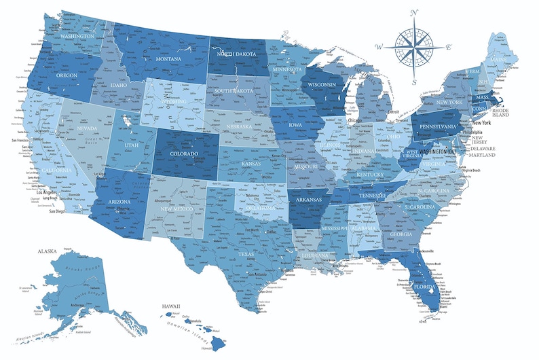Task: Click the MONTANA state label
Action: pyautogui.click(x=170, y=60)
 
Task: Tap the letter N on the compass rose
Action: pyautogui.click(x=415, y=12)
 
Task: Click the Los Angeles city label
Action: pyautogui.click(x=50, y=192)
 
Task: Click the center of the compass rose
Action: pyautogui.click(x=414, y=47)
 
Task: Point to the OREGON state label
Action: pyautogui.click(x=67, y=75)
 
